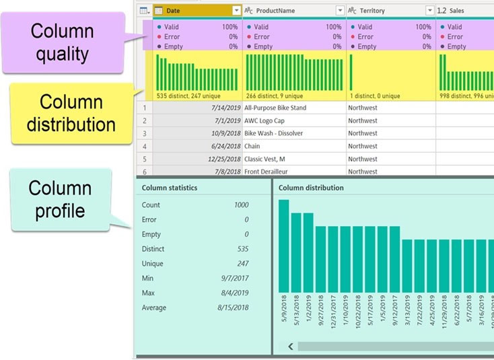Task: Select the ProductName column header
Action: (x=289, y=10)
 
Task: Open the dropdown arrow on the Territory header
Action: (x=429, y=10)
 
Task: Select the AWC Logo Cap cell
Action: (x=269, y=120)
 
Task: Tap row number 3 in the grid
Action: (x=145, y=133)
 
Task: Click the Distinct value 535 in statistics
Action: (x=242, y=249)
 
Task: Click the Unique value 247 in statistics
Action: (x=242, y=264)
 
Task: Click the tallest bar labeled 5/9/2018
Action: (x=283, y=246)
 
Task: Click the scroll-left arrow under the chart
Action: (x=290, y=346)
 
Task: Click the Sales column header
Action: (x=458, y=10)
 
